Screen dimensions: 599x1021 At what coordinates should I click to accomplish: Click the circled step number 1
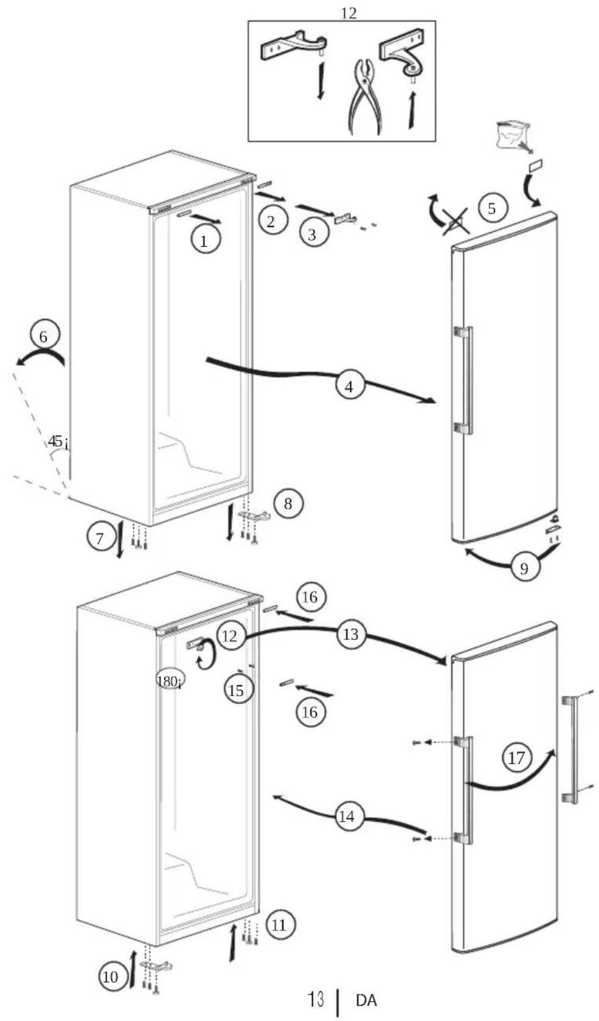pos(205,240)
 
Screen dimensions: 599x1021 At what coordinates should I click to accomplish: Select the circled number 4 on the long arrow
pos(350,386)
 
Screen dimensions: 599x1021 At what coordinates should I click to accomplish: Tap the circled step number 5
pos(492,208)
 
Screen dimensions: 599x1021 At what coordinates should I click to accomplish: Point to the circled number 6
pos(44,336)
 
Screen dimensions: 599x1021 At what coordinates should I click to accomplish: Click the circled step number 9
pos(524,567)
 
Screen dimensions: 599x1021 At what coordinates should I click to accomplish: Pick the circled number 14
pos(347,816)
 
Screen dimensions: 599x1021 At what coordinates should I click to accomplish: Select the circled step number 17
pos(516,758)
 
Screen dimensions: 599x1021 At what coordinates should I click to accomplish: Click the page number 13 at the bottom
pos(316,999)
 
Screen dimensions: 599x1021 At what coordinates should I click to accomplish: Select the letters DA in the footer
pos(366,1000)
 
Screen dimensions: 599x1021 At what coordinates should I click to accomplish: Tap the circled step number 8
pos(287,503)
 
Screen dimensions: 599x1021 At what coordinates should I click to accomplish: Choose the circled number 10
pos(111,977)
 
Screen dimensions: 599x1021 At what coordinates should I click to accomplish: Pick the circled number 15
pos(236,690)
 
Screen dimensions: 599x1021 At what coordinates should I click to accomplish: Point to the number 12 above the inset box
pos(348,13)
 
